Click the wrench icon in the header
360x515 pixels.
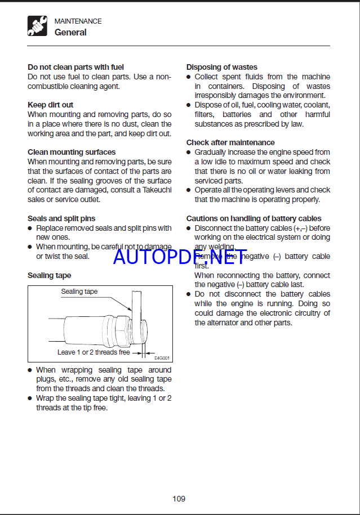37,26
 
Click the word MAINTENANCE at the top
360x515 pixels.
78,21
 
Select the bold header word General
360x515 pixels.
70,33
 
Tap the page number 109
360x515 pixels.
179,498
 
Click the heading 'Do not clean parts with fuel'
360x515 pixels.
75,67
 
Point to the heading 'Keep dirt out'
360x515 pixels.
50,105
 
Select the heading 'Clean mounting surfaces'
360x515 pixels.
72,152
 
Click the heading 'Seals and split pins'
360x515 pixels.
61,218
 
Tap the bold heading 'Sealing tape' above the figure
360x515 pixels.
49,275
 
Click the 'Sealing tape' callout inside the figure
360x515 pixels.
79,292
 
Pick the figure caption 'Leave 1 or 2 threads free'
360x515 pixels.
94,352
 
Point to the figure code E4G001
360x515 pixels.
162,357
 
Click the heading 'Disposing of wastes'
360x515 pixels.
222,67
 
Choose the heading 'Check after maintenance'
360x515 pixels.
230,142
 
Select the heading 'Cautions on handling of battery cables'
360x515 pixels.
254,218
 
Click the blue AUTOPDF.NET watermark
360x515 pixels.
180,257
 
